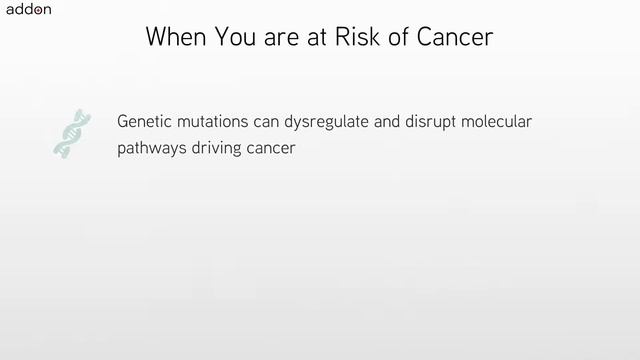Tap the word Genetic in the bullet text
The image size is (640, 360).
tap(144, 122)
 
